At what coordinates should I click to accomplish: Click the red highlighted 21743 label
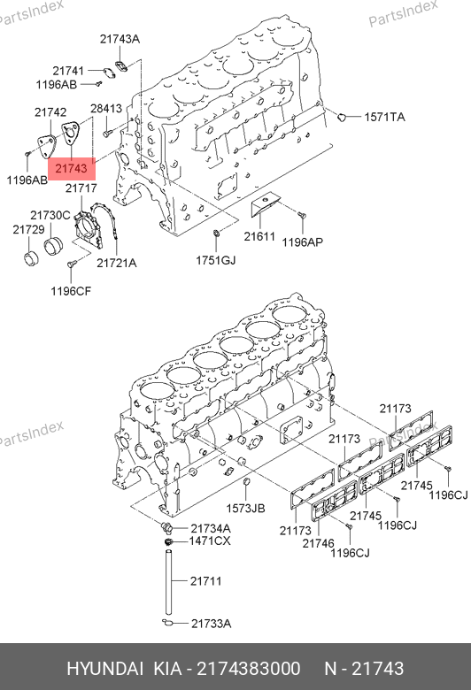[x=72, y=169]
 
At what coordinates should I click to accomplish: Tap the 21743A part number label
[x=120, y=39]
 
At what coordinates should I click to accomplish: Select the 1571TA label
[x=384, y=117]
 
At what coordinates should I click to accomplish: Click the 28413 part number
[x=106, y=108]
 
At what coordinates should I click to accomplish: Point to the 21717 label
[x=81, y=188]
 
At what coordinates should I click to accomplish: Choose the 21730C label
[x=50, y=215]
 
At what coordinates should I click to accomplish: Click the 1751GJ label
[x=216, y=260]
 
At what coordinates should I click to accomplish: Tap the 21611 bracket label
[x=259, y=237]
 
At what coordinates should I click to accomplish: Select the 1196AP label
[x=302, y=242]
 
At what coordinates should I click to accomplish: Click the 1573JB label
[x=246, y=509]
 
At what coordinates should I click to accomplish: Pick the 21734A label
[x=211, y=528]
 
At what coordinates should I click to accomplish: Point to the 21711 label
[x=205, y=581]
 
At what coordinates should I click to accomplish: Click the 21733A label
[x=211, y=624]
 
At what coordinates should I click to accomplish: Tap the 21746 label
[x=318, y=543]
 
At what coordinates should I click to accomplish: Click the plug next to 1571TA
[x=341, y=117]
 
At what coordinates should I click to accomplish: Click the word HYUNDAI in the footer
[x=104, y=669]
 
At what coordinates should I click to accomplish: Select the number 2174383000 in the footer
[x=249, y=669]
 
